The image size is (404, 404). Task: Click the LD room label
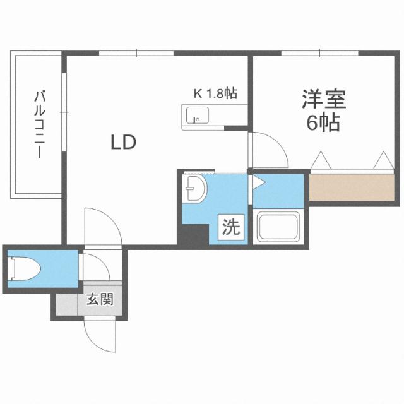click(124, 143)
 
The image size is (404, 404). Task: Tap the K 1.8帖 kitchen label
click(215, 95)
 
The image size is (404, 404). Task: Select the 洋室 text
click(324, 100)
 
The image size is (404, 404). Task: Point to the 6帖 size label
click(323, 122)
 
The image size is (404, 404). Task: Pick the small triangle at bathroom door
click(258, 183)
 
